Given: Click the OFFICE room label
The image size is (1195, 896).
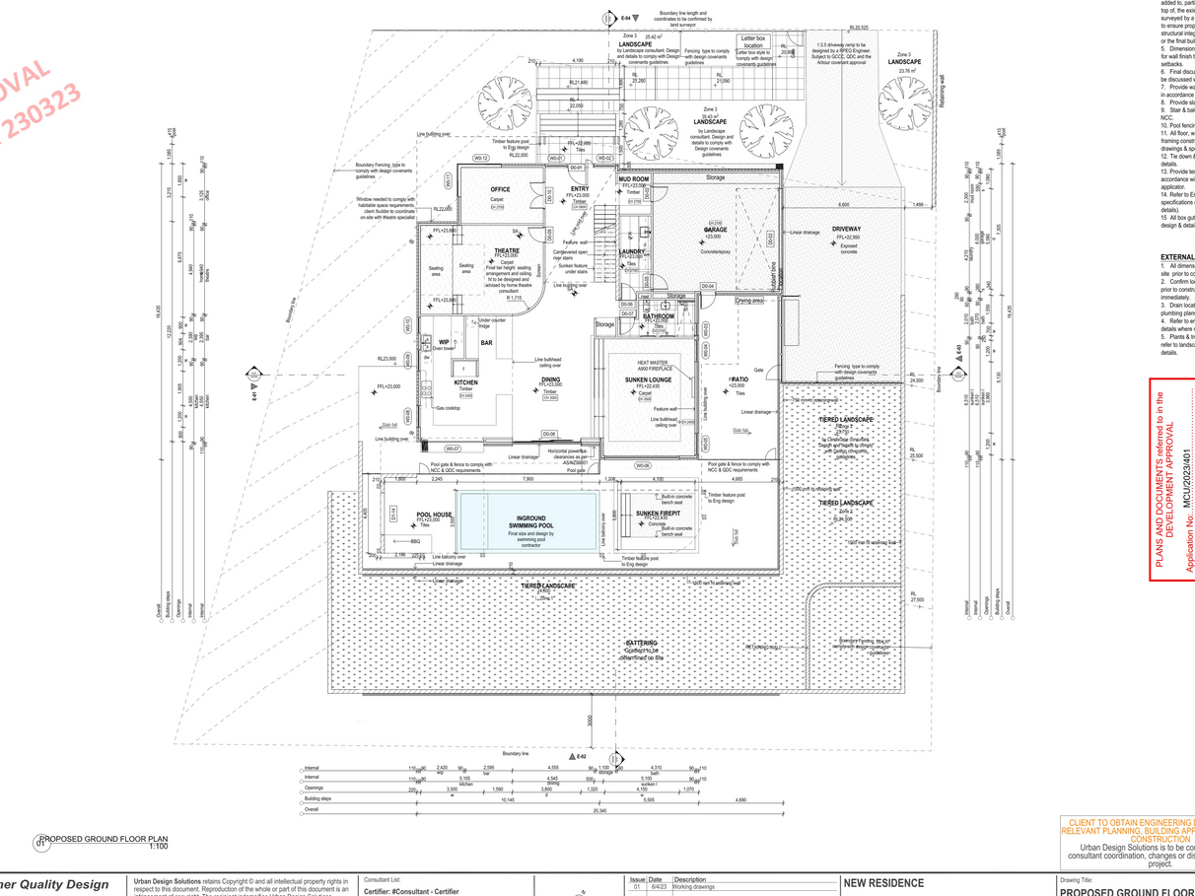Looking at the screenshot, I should coord(500,189).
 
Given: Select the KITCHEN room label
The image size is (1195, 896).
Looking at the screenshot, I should coord(466,381).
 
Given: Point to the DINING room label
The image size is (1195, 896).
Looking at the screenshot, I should coord(550,379).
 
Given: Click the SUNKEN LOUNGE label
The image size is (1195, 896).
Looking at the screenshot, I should coord(648,379).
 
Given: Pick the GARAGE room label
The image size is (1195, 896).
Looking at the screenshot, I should coord(716,230).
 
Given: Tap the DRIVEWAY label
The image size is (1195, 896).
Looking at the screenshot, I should coord(846,229).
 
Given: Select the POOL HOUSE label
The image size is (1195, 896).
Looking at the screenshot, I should coord(434,514).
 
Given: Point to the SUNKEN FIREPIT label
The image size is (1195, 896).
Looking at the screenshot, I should coord(658,514).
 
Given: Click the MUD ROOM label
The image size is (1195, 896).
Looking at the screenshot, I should coord(633,179).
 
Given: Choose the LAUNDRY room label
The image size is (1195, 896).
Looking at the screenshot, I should coord(632,251).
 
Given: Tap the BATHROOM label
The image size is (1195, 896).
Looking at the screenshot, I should coord(658,315).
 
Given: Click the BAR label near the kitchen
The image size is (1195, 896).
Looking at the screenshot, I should coord(486,342).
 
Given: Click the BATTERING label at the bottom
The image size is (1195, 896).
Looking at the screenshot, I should coord(641,643).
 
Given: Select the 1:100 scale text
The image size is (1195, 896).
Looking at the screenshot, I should coord(158,846).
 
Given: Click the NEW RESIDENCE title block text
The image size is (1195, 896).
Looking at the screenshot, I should coord(882,883).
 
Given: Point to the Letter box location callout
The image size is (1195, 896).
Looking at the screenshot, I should coord(753,40).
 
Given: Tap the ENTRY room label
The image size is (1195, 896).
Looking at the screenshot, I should coord(579,189).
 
